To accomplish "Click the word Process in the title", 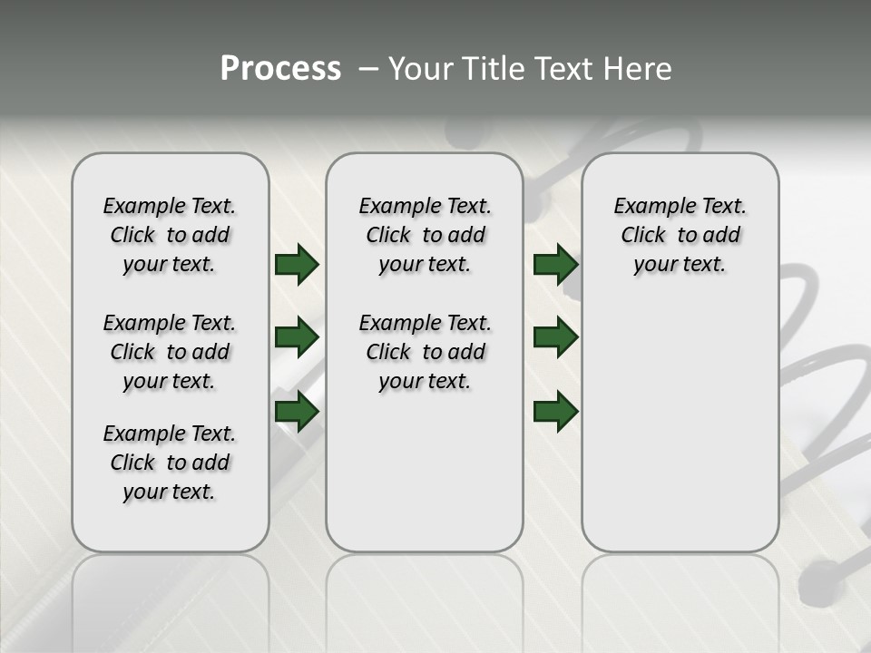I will [280, 69].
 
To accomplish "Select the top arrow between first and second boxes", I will [297, 265].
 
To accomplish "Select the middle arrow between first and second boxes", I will [297, 337].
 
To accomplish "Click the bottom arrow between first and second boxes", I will [297, 411].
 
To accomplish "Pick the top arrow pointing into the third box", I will [555, 265].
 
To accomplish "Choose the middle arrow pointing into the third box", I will [555, 337].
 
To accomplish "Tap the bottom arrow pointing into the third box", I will [555, 411].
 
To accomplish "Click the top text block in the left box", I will [170, 235].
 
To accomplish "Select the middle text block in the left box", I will [170, 352].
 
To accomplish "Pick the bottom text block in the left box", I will [170, 463].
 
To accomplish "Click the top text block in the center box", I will [425, 235].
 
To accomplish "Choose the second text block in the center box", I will [425, 352].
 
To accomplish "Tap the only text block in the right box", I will [680, 235].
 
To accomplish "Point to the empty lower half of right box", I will [680, 435].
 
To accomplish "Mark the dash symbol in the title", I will [369, 69].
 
